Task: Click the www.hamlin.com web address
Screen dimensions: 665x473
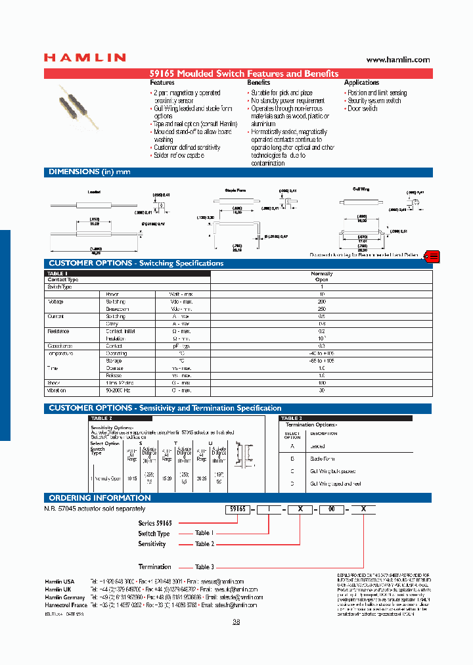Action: (397, 60)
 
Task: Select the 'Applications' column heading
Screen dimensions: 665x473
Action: (361, 83)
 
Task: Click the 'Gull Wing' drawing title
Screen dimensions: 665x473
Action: (360, 189)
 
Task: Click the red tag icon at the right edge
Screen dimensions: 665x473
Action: (434, 256)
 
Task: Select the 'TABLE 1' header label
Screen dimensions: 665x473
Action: (58, 273)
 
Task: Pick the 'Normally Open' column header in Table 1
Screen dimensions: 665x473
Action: (321, 276)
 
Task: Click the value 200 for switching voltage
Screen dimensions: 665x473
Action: (321, 301)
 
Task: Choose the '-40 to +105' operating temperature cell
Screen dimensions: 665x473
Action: (321, 354)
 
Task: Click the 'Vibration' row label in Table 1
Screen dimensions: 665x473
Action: (57, 390)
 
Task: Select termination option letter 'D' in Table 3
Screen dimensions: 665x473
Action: (292, 484)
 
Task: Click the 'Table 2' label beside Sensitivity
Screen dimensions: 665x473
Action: (204, 544)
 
